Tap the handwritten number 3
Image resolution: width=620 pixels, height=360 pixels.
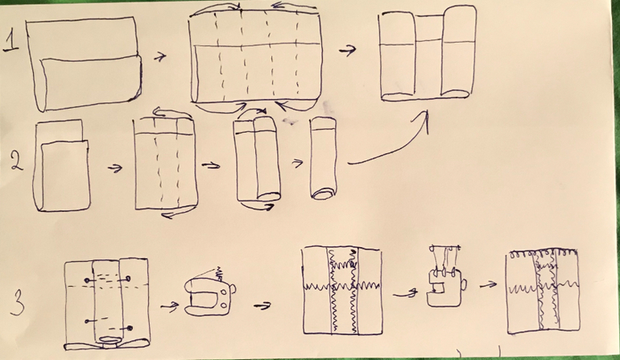[23, 304]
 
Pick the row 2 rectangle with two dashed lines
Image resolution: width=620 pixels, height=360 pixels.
[165, 165]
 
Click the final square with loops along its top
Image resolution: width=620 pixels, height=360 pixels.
[544, 292]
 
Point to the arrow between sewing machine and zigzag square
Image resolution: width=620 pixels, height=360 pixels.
[261, 305]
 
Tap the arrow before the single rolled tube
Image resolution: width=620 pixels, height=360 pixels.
[297, 161]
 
